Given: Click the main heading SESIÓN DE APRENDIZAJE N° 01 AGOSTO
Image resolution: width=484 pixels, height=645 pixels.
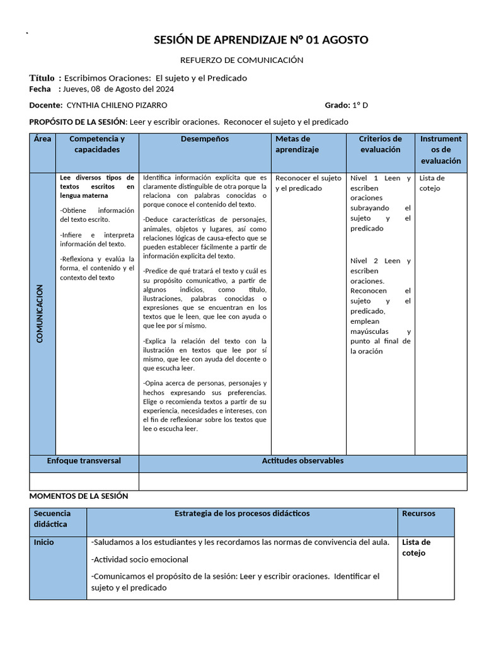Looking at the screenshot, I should (262, 40).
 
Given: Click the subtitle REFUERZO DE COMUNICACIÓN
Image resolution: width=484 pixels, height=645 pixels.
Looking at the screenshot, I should (242, 60).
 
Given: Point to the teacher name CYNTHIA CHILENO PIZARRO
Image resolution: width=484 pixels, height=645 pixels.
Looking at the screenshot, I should (117, 105).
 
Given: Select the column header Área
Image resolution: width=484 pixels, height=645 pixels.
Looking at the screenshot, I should (43, 139).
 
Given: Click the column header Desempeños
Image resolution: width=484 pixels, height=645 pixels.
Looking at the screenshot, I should (205, 139).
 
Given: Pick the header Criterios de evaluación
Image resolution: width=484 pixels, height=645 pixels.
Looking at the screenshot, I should (380, 144).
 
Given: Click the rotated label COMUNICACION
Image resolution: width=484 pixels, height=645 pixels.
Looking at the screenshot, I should (40, 314).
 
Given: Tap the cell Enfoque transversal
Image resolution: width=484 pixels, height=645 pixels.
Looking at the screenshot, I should (84, 461).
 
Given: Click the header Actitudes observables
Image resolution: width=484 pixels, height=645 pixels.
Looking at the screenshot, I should (302, 461).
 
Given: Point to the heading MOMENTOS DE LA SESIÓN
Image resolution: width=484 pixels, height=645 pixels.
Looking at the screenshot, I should (79, 496).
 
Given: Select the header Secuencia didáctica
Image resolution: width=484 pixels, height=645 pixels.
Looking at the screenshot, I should (52, 519).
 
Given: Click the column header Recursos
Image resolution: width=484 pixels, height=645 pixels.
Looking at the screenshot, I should (418, 513).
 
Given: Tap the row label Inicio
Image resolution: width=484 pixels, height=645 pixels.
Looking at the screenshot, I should (44, 542).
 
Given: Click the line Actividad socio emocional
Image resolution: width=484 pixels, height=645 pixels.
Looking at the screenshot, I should (140, 559).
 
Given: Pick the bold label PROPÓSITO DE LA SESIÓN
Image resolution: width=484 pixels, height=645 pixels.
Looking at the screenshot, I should (78, 122).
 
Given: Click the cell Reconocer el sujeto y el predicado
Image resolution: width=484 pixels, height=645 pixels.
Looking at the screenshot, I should (308, 183).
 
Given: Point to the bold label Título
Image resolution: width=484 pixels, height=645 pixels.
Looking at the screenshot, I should (42, 78).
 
